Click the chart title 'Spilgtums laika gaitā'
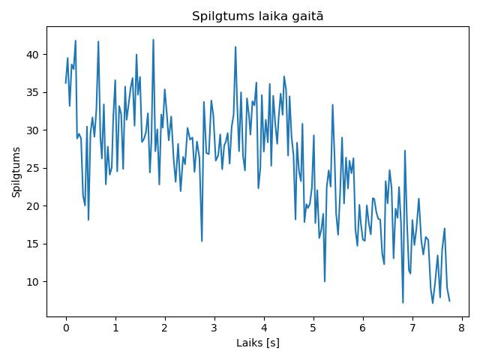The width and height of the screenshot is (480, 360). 257,16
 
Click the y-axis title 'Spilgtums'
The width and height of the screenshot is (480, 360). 16,172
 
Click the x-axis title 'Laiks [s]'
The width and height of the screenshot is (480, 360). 258,343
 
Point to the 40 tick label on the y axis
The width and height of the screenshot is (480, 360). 32,55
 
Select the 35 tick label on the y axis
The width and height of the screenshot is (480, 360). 32,92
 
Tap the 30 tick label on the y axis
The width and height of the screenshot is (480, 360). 32,130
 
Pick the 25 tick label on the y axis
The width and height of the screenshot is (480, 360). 32,168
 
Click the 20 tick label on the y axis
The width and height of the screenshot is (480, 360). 32,206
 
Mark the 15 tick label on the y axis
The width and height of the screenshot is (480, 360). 32,244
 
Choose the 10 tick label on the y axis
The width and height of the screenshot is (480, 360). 32,282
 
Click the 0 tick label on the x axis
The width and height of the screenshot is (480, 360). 66,328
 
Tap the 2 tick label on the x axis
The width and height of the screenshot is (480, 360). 165,328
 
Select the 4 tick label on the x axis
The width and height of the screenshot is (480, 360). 264,328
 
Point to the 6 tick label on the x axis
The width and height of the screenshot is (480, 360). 363,328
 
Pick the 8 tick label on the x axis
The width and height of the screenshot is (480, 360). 462,328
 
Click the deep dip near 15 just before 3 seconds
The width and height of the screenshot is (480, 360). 202,241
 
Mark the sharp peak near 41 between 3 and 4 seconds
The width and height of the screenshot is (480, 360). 235,46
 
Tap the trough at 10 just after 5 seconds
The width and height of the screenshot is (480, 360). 325,281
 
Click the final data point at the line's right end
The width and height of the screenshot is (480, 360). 450,301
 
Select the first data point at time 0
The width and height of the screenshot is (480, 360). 66,83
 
